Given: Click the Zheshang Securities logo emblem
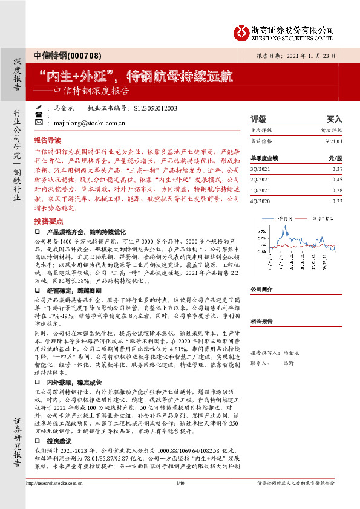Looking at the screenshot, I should click(242, 30).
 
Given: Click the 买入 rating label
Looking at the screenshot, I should click(334, 120).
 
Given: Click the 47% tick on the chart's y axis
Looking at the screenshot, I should click(261, 231).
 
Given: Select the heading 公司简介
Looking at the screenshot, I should click(262, 289).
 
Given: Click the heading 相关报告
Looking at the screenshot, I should click(262, 322).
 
